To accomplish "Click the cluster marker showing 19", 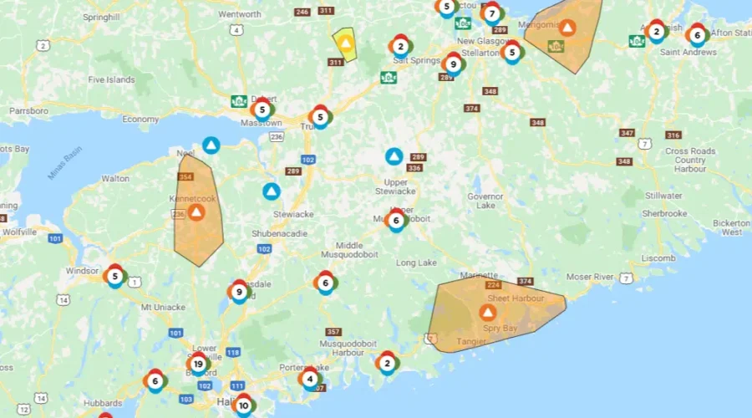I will pyautogui.click(x=198, y=364).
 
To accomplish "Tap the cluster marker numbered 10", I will pyautogui.click(x=242, y=406).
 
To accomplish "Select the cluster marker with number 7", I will pyautogui.click(x=492, y=13).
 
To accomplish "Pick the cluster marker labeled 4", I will pyautogui.click(x=310, y=378).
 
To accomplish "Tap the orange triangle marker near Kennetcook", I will pyautogui.click(x=196, y=212).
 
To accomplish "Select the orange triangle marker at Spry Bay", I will pyautogui.click(x=487, y=313).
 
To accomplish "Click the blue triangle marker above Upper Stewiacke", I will pyautogui.click(x=394, y=156).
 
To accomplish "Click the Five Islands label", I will pyautogui.click(x=111, y=80).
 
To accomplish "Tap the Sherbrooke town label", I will pyautogui.click(x=664, y=213).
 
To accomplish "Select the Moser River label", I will pyautogui.click(x=590, y=277).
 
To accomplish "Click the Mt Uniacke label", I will pyautogui.click(x=162, y=308).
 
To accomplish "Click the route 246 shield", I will pyautogui.click(x=302, y=12).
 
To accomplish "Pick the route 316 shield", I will pyautogui.click(x=673, y=135).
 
